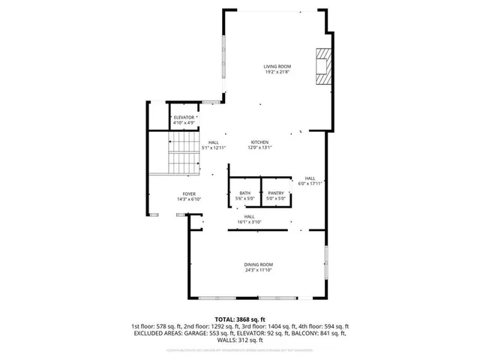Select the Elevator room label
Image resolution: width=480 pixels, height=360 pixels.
(184, 118)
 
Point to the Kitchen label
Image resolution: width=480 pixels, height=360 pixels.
(259, 142)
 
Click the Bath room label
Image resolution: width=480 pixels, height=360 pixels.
(244, 193)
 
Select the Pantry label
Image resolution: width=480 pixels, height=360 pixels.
(275, 193)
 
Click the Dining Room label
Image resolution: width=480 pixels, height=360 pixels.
(258, 265)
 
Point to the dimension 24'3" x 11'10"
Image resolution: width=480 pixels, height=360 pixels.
(258, 271)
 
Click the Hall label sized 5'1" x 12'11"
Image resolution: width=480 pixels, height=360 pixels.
(214, 145)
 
